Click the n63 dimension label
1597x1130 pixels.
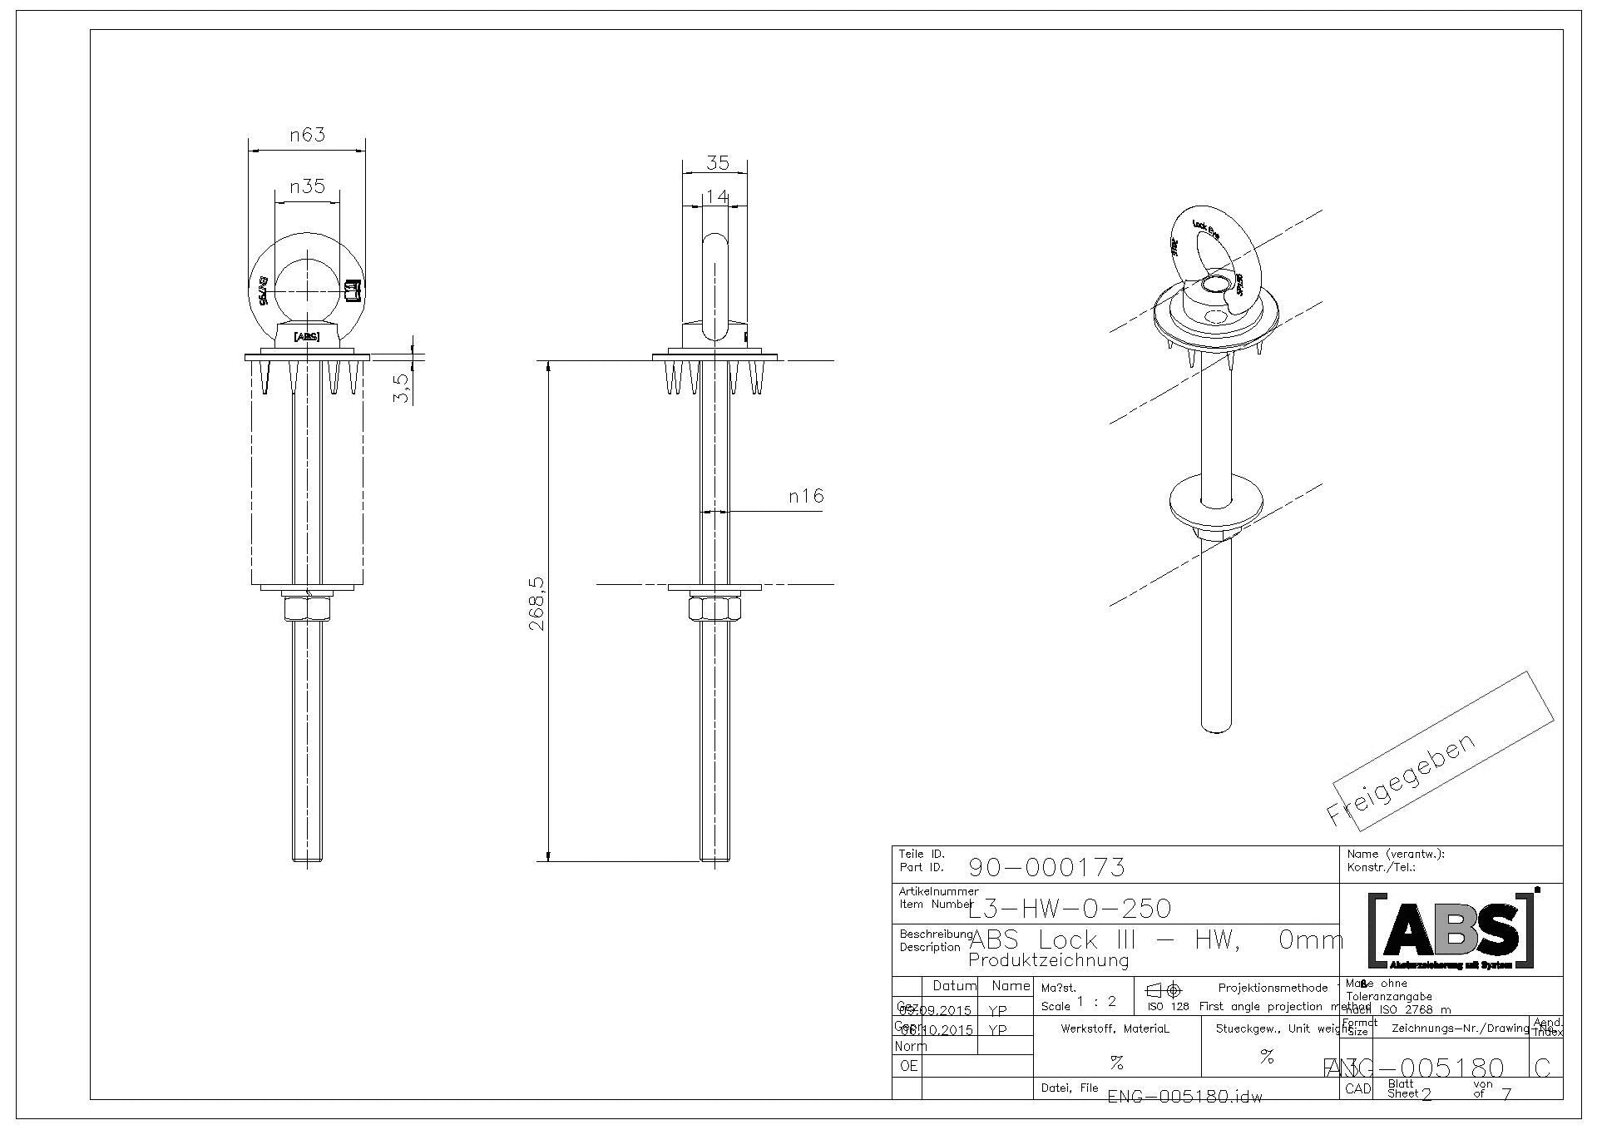click(x=307, y=135)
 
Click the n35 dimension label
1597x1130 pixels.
click(x=307, y=186)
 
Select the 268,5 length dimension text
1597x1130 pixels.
click(x=537, y=603)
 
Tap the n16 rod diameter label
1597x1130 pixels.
click(x=806, y=497)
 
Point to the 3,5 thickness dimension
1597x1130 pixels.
click(x=402, y=389)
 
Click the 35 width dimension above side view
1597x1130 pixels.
click(x=717, y=162)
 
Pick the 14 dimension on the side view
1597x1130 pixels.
click(x=716, y=197)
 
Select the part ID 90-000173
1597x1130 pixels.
click(x=1046, y=868)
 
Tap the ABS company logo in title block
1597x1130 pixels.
click(x=1451, y=931)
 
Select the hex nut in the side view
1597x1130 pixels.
click(x=715, y=609)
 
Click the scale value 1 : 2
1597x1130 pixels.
click(x=1095, y=1002)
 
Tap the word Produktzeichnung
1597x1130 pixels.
click(x=1049, y=961)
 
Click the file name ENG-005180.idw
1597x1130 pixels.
click(x=1185, y=1097)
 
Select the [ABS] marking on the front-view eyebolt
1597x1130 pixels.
click(x=306, y=336)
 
